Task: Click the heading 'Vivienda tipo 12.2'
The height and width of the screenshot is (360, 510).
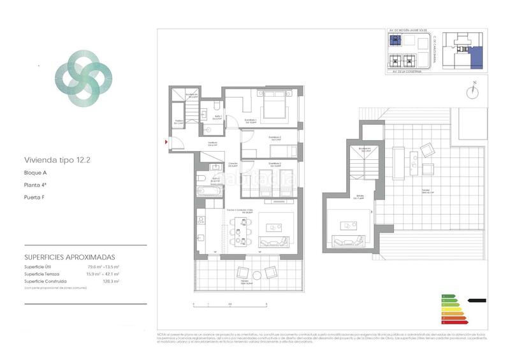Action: [57, 161]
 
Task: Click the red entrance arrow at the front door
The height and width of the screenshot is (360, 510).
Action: [167, 141]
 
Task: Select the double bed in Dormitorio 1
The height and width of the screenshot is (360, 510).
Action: [275, 106]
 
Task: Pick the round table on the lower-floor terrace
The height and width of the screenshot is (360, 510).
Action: [257, 275]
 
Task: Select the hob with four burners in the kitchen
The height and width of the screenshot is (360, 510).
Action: [201, 221]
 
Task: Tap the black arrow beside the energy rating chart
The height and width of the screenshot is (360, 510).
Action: [476, 300]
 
